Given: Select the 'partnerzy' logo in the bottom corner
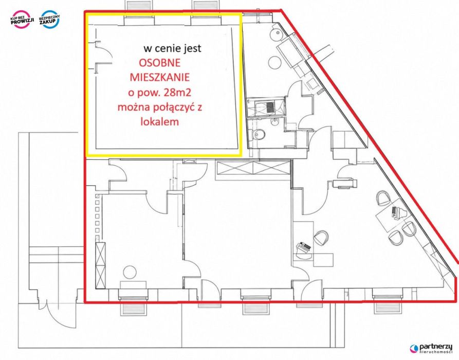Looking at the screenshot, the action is [431, 348].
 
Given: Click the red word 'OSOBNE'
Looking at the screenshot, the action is [159, 63].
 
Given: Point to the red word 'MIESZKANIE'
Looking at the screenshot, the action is [159, 77].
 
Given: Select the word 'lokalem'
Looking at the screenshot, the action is [159, 121].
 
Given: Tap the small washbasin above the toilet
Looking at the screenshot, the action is [275, 121].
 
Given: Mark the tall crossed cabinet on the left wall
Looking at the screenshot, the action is [100, 265].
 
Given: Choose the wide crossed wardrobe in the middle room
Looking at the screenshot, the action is [252, 169].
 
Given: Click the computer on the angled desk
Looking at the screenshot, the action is [395, 211].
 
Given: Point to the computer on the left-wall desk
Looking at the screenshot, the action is [304, 247].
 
